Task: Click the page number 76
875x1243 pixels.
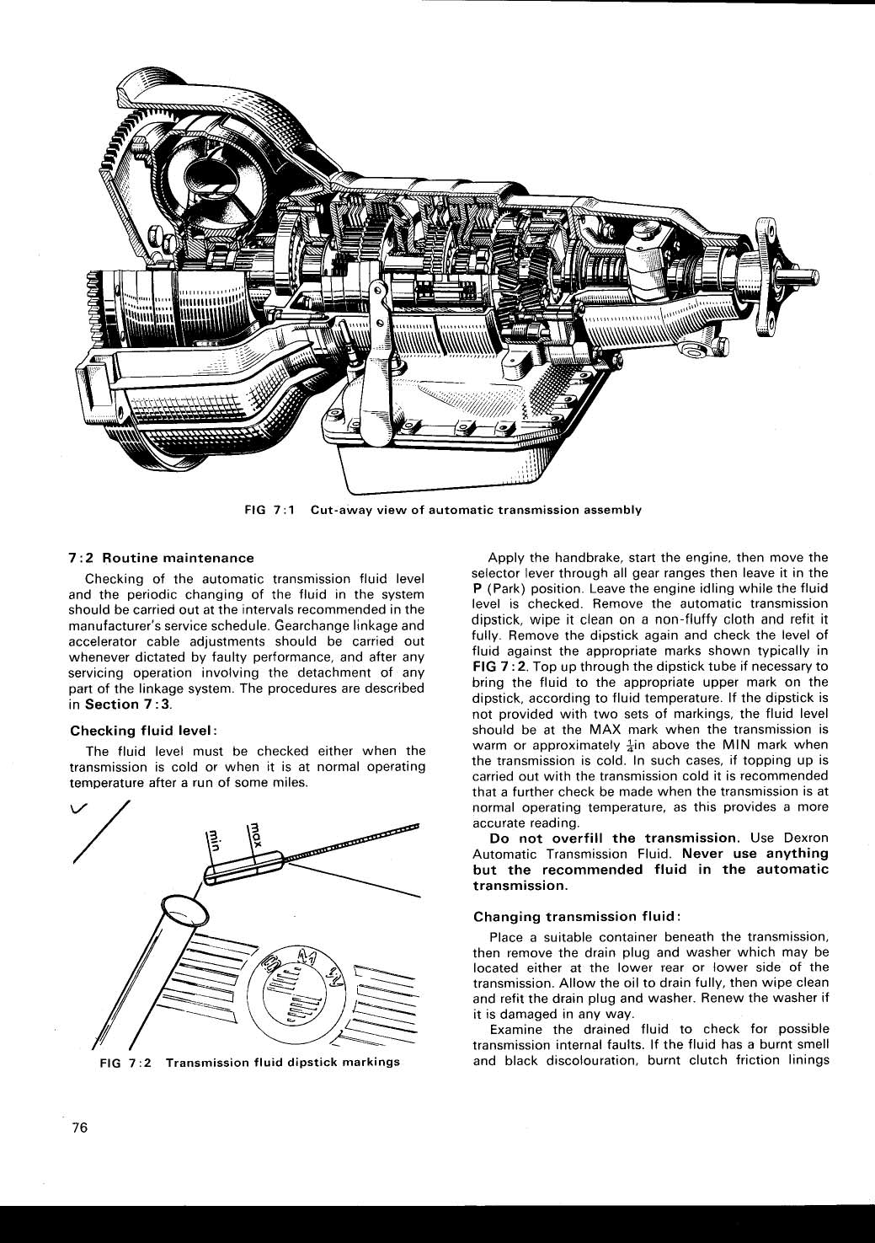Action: (80, 1130)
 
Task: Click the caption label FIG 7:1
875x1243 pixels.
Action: (268, 510)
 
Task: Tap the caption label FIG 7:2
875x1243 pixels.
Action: (125, 1062)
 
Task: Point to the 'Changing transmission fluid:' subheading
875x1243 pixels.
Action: (577, 916)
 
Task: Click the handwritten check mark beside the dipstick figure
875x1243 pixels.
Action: (77, 812)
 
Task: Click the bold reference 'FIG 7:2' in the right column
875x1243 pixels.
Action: (499, 667)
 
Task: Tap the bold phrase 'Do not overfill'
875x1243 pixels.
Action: (547, 838)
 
